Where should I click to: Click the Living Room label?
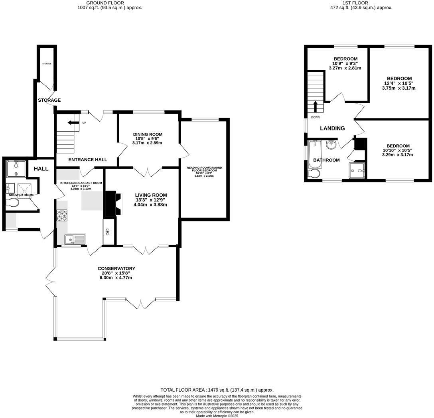(150, 195)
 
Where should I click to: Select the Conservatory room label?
(116, 268)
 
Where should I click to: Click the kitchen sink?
(75, 239)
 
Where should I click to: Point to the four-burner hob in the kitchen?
(62, 216)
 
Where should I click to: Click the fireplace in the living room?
(110, 203)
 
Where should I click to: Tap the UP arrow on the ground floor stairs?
(73, 122)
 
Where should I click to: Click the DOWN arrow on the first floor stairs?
(315, 107)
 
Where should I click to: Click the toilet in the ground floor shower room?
(13, 203)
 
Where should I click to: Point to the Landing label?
(332, 128)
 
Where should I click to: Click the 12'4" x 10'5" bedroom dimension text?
(398, 83)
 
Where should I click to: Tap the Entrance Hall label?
(88, 160)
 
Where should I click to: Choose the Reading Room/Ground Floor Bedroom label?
(204, 169)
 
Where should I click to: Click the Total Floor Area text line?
(217, 390)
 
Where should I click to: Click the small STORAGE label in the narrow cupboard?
(47, 64)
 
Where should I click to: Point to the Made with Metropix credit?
(217, 416)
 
